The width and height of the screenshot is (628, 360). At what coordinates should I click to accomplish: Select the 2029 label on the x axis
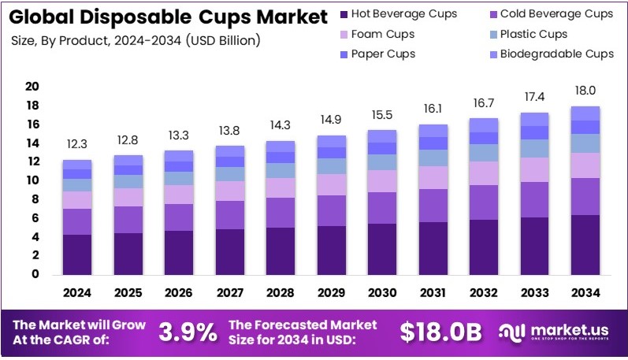(x=332, y=292)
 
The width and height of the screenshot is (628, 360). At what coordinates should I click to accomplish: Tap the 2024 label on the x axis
(x=77, y=292)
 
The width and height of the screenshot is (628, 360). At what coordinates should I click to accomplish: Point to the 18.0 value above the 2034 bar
(x=585, y=91)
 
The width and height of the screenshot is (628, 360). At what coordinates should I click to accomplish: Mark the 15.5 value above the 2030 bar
(x=382, y=115)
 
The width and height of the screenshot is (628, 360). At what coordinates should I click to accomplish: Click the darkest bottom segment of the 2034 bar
(x=585, y=244)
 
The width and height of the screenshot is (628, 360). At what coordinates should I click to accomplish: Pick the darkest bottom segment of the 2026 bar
(x=179, y=252)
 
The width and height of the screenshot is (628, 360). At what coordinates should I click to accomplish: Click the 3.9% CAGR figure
(x=188, y=332)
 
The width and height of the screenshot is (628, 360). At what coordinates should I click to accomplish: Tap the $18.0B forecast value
(x=440, y=332)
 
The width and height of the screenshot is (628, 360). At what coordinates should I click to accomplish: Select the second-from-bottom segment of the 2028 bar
(x=281, y=213)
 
